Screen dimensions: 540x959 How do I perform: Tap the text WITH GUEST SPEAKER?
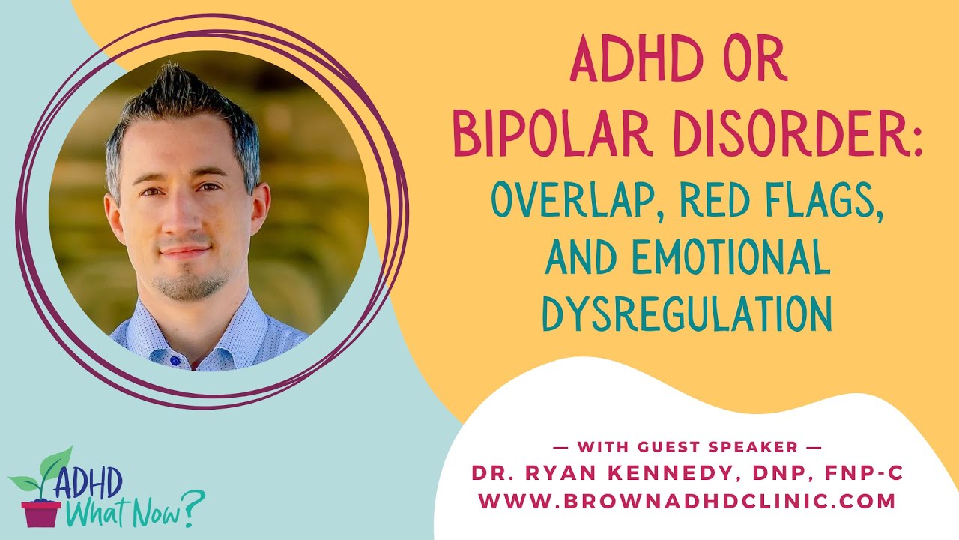point(686,448)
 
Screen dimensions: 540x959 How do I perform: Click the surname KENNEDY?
point(678,474)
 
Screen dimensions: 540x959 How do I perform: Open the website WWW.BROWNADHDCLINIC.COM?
point(686,501)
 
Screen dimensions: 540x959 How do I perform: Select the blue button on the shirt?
point(175,361)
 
